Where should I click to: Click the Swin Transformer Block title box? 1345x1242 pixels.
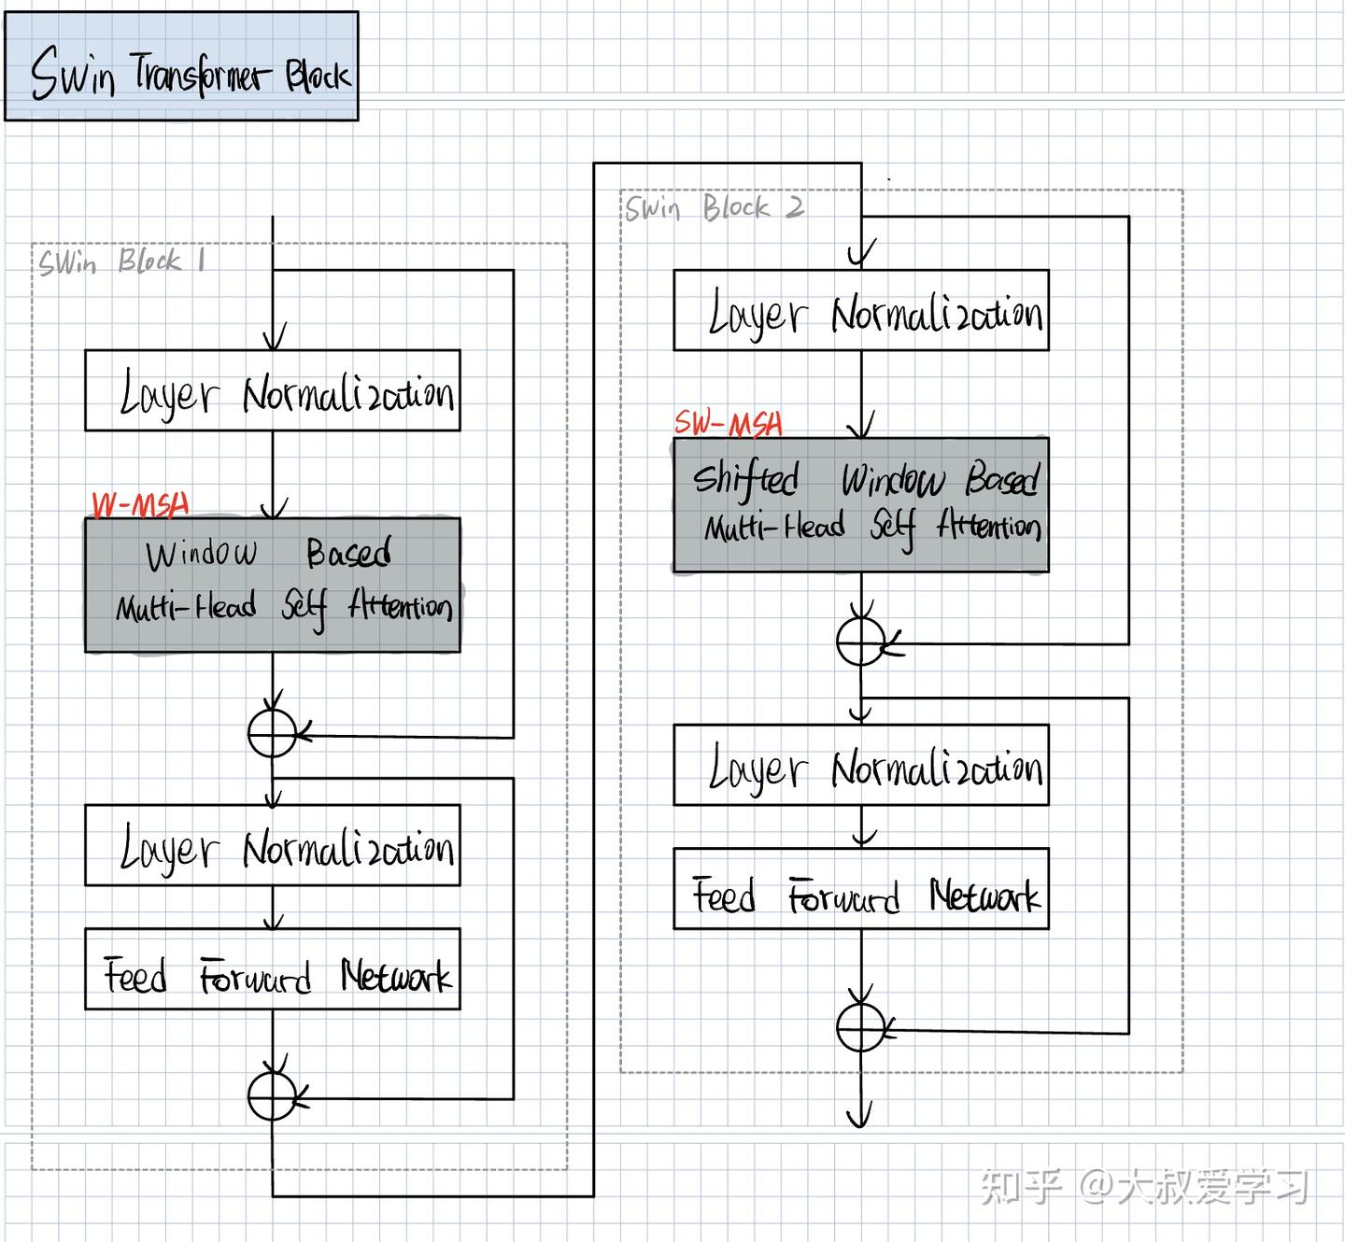[x=181, y=66]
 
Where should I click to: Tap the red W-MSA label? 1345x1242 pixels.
[x=141, y=505]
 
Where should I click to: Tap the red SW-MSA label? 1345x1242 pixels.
[x=729, y=424]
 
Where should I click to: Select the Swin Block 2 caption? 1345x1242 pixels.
[x=714, y=207]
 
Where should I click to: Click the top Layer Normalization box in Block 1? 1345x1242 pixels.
[x=273, y=390]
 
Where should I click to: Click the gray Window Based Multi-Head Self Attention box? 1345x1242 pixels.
[x=273, y=586]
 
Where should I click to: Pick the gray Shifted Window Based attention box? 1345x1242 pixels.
[x=861, y=505]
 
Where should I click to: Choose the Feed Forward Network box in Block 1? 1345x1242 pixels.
[x=273, y=969]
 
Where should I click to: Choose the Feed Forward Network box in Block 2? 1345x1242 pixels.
[x=861, y=888]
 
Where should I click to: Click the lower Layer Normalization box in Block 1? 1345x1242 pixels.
[x=273, y=845]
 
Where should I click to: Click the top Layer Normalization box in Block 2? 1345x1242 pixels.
[x=861, y=311]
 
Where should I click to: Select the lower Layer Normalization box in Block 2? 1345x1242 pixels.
[x=861, y=765]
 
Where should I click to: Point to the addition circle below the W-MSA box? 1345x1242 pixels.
[x=273, y=733]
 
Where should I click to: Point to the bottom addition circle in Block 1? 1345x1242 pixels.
[x=273, y=1096]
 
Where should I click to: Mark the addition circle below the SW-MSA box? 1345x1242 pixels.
[x=860, y=642]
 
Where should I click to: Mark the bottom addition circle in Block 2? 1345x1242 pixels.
[x=860, y=1028]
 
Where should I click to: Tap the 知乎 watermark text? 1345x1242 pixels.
[x=1022, y=1186]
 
